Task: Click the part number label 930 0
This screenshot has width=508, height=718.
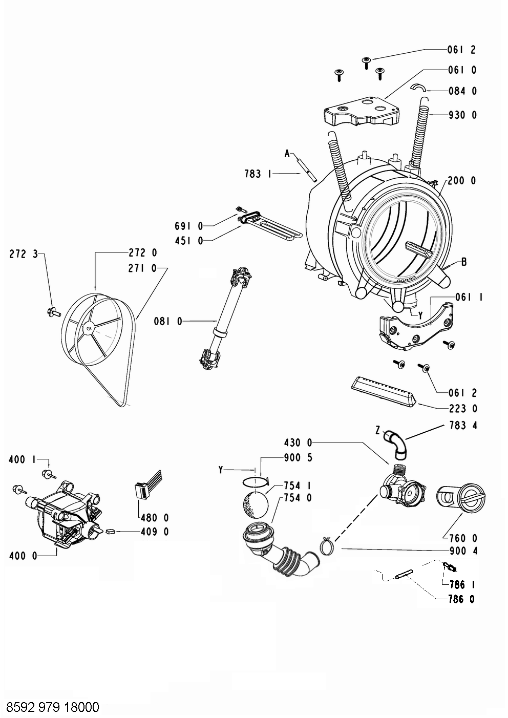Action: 462,115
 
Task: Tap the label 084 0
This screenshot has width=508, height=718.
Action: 462,91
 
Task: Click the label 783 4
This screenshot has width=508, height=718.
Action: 462,425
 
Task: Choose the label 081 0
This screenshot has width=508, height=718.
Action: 168,321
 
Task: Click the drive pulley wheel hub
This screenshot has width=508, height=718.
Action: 89,324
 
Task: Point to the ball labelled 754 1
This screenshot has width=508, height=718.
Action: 253,504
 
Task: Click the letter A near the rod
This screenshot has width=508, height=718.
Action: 287,153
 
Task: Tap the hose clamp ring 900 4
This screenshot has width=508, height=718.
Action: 327,547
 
